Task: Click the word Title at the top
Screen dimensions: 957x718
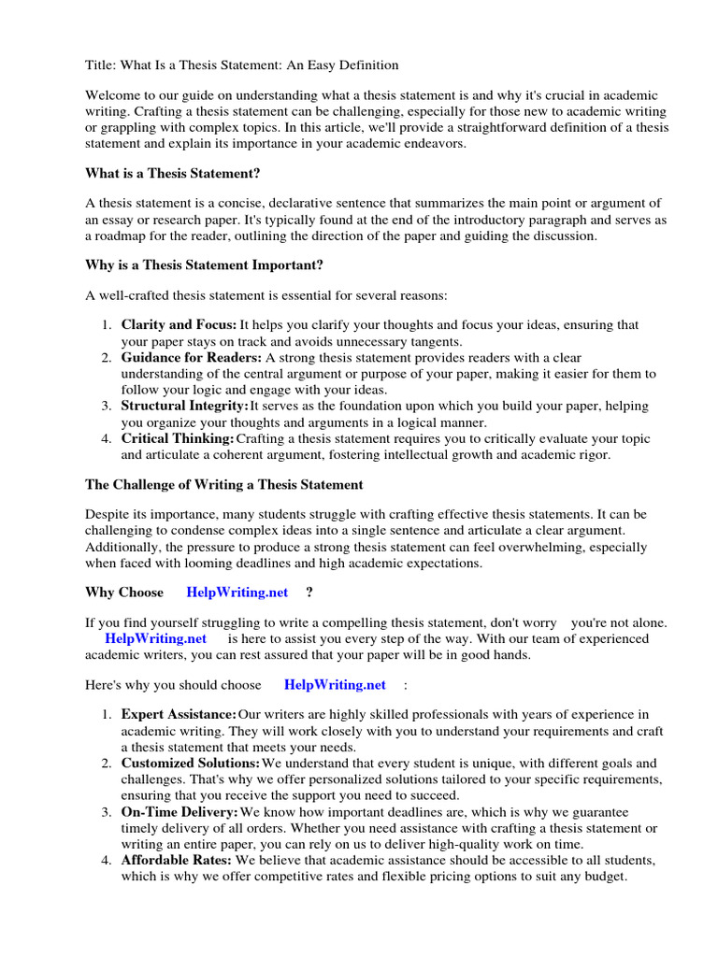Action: [99, 65]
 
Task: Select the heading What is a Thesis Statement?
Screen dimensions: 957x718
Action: [173, 173]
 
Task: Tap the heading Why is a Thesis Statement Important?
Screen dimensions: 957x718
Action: [204, 265]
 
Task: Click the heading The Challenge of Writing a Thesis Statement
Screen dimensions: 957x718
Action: [223, 485]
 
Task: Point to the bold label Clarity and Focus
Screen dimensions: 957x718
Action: [179, 325]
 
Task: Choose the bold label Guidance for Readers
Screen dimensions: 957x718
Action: [191, 358]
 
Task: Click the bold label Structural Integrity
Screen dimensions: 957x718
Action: [184, 407]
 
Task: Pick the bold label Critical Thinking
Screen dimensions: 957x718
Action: [178, 439]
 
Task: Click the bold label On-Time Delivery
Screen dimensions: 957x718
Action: [179, 812]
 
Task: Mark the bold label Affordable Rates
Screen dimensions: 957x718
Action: [177, 861]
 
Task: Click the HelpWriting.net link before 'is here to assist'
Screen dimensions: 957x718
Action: [155, 638]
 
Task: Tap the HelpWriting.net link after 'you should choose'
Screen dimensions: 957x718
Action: [335, 685]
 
